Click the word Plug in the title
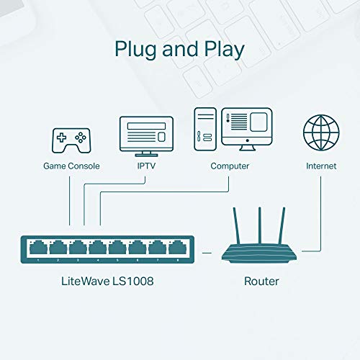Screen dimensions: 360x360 (137, 50)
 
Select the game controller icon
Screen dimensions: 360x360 (70, 139)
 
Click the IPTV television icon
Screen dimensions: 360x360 (146, 136)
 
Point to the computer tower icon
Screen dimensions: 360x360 (205, 130)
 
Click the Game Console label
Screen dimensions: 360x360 (71, 166)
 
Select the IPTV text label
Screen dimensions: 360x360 (146, 166)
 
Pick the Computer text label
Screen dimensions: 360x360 (230, 166)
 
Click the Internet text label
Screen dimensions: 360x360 (320, 166)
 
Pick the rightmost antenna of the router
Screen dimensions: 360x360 (282, 225)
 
